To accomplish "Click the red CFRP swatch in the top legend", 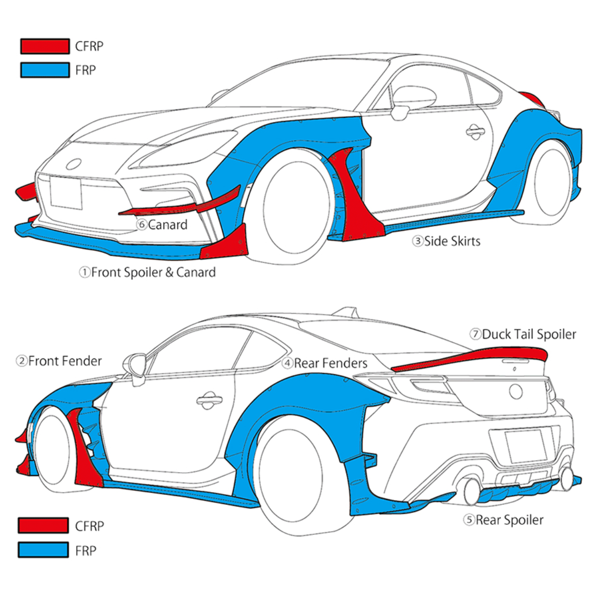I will click(x=45, y=46).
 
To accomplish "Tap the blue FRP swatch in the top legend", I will click(x=45, y=70).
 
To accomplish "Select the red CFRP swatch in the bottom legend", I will click(x=43, y=525).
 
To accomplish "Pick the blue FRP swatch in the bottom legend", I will click(x=43, y=550).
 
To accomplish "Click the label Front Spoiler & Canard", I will click(x=148, y=272).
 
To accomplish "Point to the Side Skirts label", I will click(x=446, y=241).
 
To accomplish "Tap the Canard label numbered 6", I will click(x=162, y=225).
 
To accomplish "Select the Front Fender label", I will click(x=59, y=361).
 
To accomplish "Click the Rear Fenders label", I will click(x=325, y=363).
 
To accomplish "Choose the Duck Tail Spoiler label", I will click(x=523, y=334).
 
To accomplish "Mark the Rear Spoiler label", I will click(x=503, y=520).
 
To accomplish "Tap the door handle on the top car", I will click(x=475, y=131).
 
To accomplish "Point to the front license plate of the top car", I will click(x=66, y=193).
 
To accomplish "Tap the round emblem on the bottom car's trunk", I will click(x=516, y=392).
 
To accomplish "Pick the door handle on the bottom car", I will click(x=209, y=399).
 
